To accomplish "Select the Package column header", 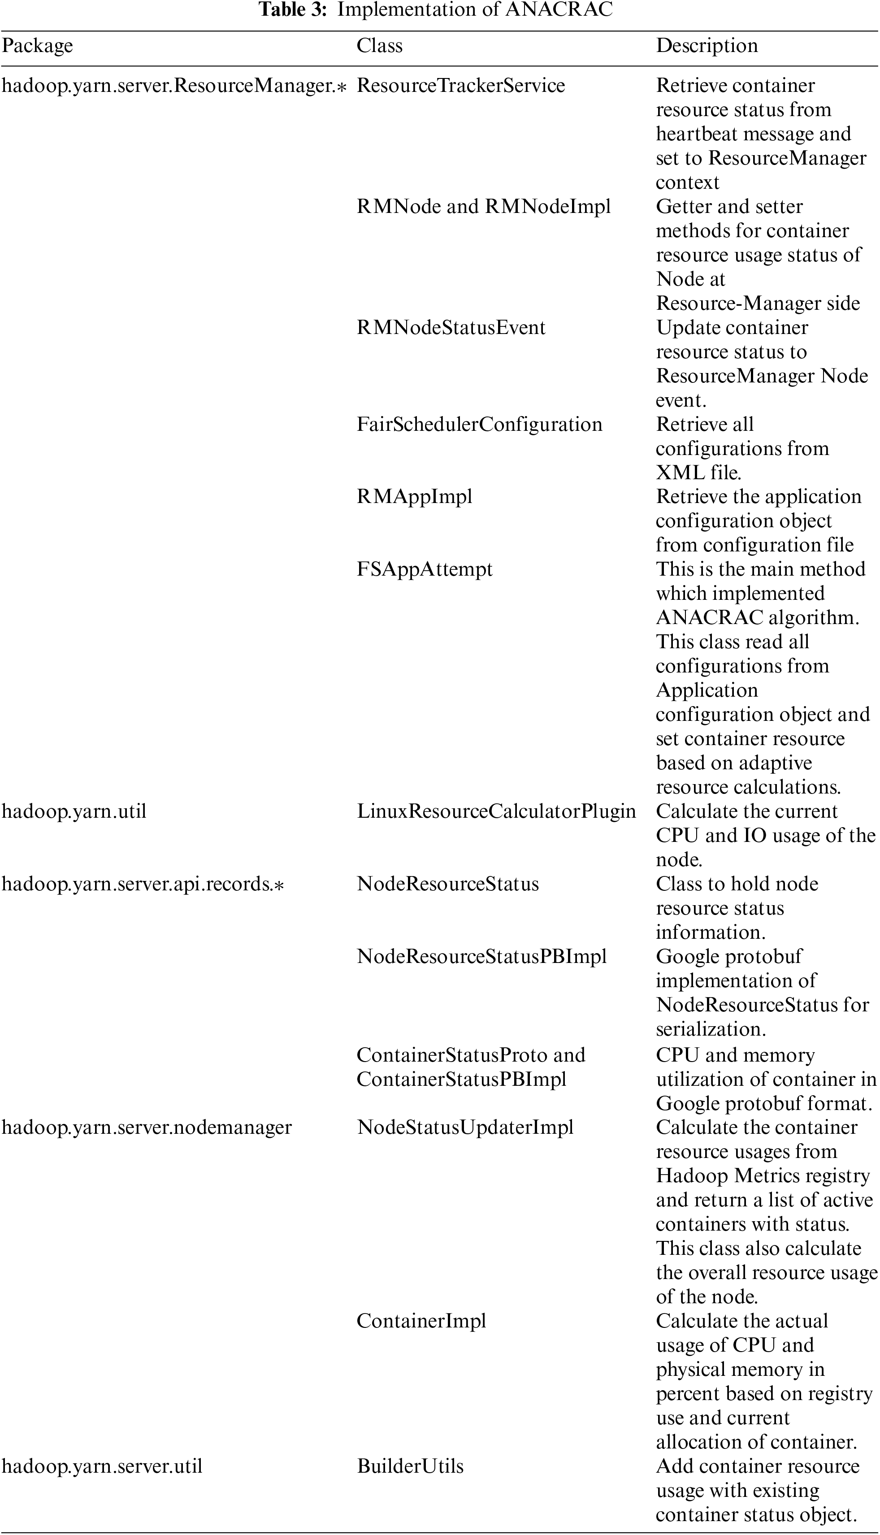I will (x=38, y=46).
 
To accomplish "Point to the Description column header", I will (x=707, y=46).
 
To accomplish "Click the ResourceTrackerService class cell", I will (x=460, y=86).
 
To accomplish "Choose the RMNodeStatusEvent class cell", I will (x=451, y=328).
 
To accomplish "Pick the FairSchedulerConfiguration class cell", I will (x=479, y=424).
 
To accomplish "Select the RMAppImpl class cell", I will (x=414, y=497).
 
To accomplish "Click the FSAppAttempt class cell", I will (x=424, y=569).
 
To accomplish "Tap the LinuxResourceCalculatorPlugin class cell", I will (x=496, y=811).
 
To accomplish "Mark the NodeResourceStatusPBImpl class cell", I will (x=481, y=956).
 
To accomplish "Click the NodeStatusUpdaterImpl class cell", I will (x=465, y=1127).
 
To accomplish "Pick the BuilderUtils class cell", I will (x=410, y=1466).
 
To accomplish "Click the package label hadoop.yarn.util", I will (x=74, y=811).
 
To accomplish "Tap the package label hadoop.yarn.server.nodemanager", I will (x=147, y=1127).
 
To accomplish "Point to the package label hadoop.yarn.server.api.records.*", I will (x=143, y=884).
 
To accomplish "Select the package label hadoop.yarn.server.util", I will (x=102, y=1466).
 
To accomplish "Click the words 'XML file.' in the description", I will (x=698, y=473).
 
